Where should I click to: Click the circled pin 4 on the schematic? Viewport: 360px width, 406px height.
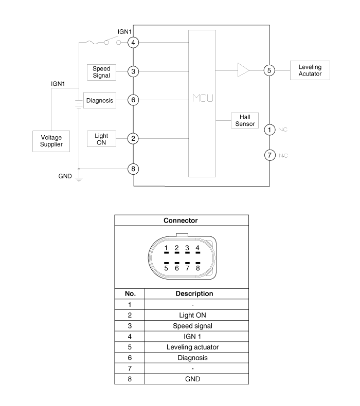click(134, 42)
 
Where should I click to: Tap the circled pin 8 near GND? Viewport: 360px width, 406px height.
click(134, 168)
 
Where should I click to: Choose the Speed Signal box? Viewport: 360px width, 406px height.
click(101, 72)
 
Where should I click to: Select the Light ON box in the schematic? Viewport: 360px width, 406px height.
click(101, 138)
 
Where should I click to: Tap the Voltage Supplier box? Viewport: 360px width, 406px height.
click(51, 141)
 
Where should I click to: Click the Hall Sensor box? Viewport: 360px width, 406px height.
click(244, 120)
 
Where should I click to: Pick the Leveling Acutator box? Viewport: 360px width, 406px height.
click(310, 70)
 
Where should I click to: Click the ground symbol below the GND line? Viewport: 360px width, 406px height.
click(79, 179)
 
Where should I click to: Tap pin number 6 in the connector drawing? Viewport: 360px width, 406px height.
click(176, 267)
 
